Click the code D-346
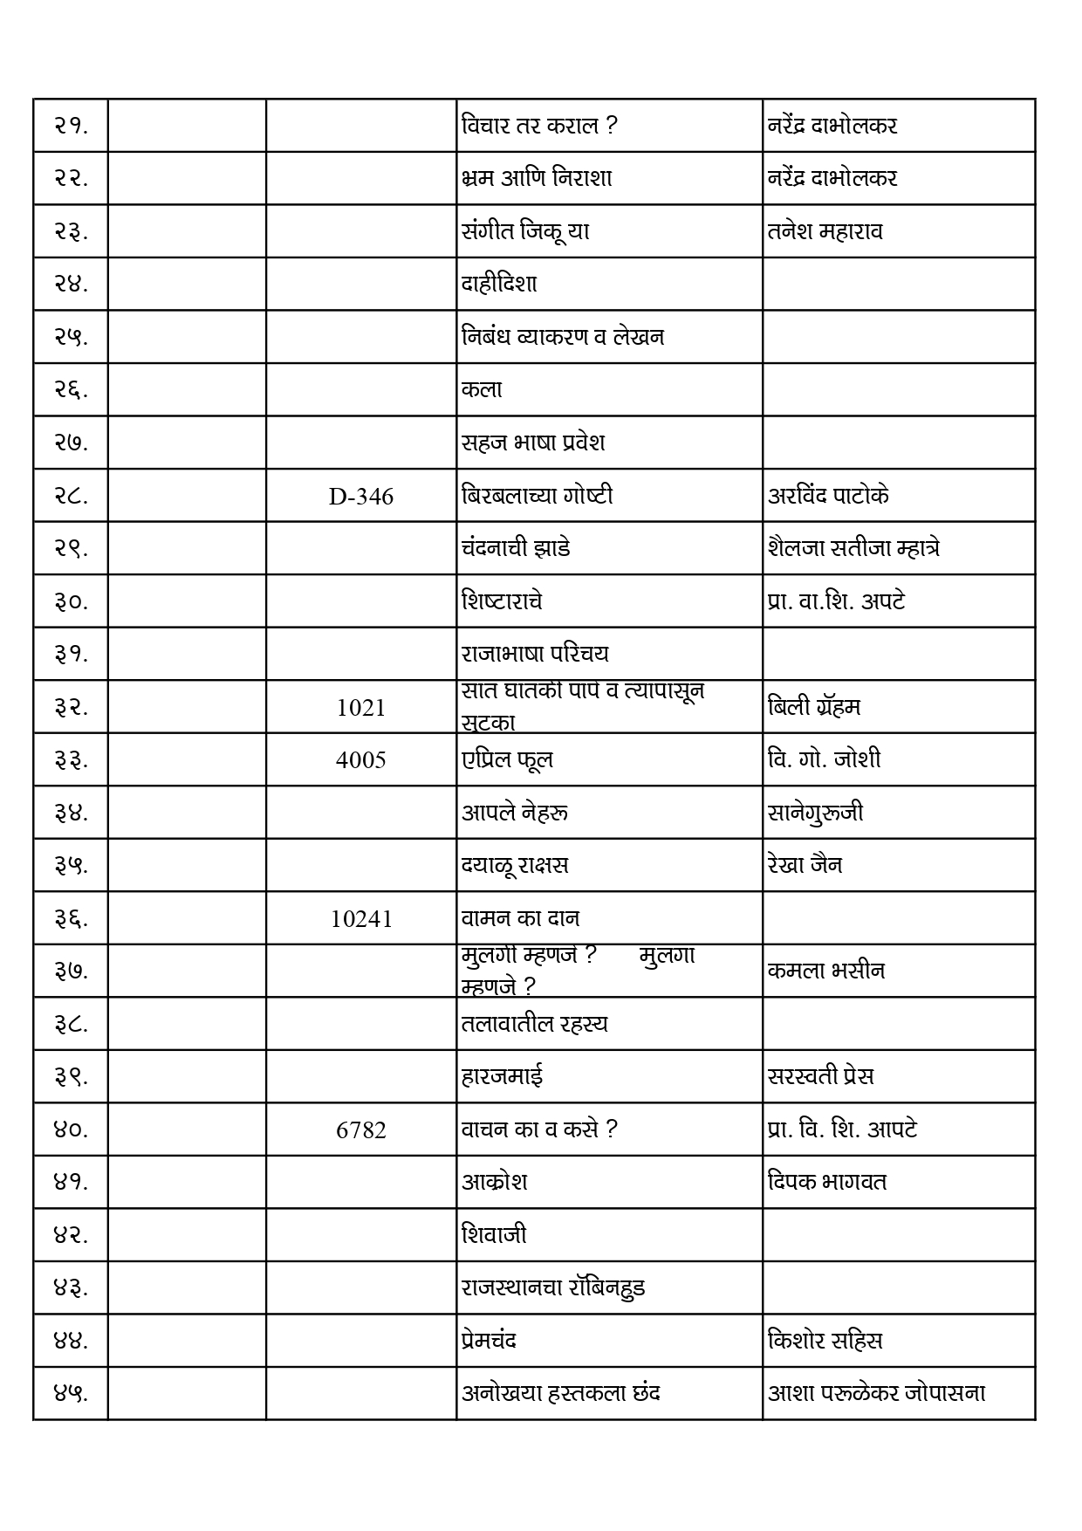pos(360,497)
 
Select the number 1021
pos(360,708)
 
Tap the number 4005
pos(360,760)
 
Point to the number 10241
pos(360,919)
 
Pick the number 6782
pos(360,1130)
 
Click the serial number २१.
pos(71,126)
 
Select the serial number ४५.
pos(71,1393)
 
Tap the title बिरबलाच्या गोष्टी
pos(537,496)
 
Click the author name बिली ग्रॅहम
pos(813,707)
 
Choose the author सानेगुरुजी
pos(815,813)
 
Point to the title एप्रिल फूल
pos(507,759)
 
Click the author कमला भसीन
pos(825,971)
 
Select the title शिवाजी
pos(494,1234)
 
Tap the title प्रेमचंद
pos(489,1340)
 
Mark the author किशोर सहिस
pos(825,1340)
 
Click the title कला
pos(482,389)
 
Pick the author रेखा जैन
pos(805,865)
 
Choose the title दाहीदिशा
pos(499,284)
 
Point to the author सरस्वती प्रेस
pos(820,1076)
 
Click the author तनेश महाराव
pos(825,231)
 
